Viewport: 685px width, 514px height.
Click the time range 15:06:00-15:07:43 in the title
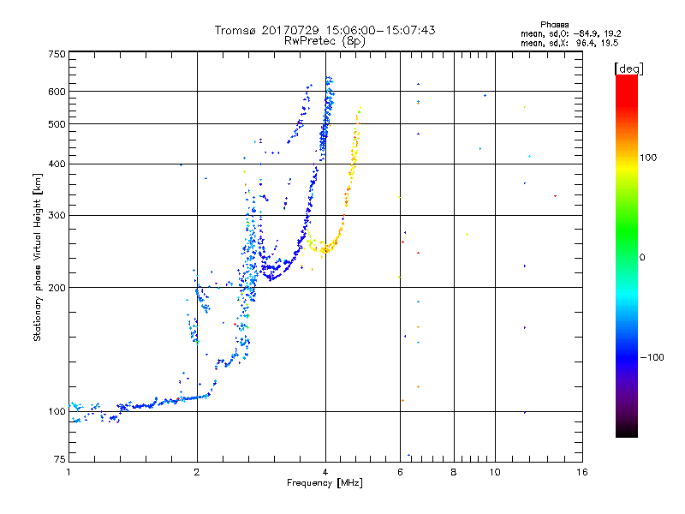(380, 30)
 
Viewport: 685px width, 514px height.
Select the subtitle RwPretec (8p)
(325, 41)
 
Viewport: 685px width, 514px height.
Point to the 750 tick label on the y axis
(57, 54)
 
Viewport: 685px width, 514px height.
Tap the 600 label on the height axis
(57, 92)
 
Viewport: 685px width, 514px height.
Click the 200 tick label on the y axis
(57, 288)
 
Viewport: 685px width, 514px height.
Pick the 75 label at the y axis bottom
(60, 459)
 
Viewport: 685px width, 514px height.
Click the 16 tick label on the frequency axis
(582, 472)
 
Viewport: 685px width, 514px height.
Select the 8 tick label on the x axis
(454, 472)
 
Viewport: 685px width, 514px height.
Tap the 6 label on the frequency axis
(400, 472)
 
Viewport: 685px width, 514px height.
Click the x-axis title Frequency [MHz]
(325, 483)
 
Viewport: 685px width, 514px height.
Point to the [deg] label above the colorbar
(628, 69)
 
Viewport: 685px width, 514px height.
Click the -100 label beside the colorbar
(652, 357)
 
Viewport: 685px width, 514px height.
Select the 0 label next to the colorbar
(641, 258)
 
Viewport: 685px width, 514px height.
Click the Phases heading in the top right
(554, 25)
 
